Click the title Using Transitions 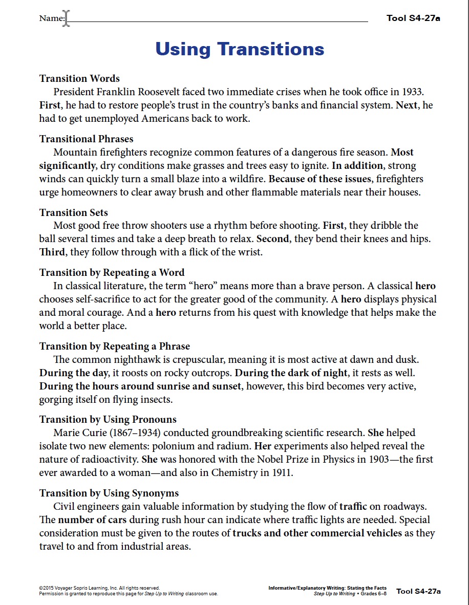[240, 49]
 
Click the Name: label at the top [52, 19]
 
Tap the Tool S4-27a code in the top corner [413, 18]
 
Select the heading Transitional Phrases [86, 139]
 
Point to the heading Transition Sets [73, 212]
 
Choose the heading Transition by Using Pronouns [108, 419]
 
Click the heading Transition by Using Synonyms [109, 493]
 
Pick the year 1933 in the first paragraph [412, 92]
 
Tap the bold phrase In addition [357, 166]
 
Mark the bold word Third [52, 252]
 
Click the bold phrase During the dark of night [291, 373]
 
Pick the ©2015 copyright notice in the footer [100, 588]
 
